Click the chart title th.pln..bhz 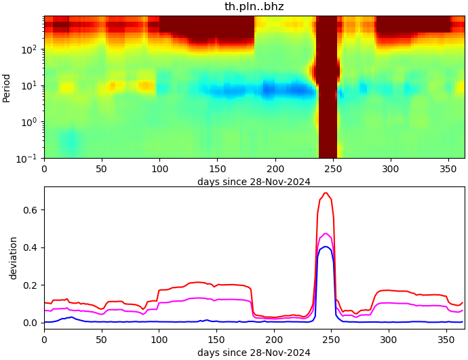coord(254,7)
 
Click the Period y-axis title coord(7,87)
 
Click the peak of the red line coord(326,193)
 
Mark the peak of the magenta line coord(326,233)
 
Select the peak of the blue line coord(326,247)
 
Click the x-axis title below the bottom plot coord(254,353)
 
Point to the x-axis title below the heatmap coord(254,182)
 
